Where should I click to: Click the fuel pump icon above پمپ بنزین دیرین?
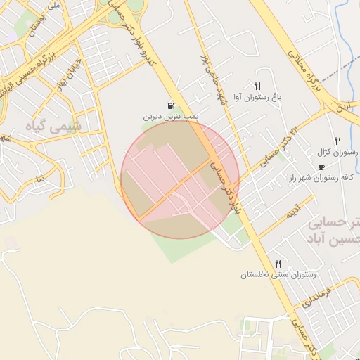tap(172, 105)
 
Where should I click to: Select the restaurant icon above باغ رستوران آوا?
tap(258, 87)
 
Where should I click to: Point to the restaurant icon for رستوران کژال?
tap(337, 141)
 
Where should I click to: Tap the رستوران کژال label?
tap(337, 152)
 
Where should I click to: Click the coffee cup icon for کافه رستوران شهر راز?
tap(321, 167)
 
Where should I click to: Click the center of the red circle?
tap(180, 179)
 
